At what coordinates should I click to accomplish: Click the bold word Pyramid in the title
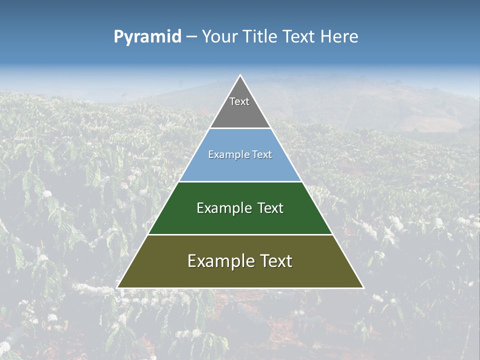pos(147,37)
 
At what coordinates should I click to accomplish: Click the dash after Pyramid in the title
pos(191,37)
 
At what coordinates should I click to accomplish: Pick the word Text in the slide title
pos(299,37)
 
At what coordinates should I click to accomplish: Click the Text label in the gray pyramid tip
pos(239,101)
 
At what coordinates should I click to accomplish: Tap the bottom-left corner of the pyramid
pos(117,287)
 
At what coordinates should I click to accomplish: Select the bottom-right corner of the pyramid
pos(363,287)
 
